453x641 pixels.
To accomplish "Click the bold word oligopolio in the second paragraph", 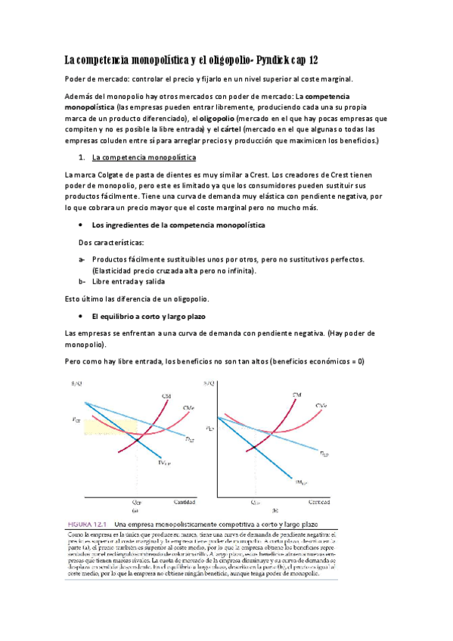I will click(216, 119).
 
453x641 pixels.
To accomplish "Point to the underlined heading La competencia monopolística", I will click(143, 158).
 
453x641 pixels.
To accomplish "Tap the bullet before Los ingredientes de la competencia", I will click(81, 225).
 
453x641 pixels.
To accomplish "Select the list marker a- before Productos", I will click(82, 259).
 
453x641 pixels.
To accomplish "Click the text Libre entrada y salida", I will click(126, 282).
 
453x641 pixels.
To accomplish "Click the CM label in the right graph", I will click(296, 395).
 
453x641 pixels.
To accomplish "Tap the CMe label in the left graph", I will click(189, 407).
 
